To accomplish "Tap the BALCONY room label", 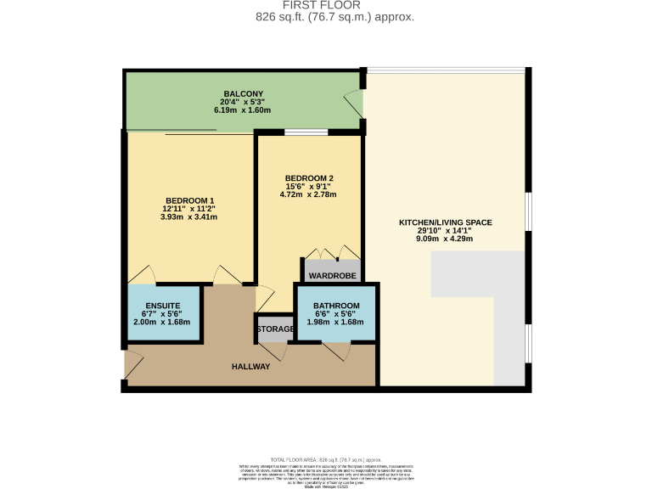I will point(244,93).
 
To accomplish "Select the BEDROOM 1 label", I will point(189,200).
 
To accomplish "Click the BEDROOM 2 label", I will point(308,177).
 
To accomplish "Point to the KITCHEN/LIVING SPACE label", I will point(446,223).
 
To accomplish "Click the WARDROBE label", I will point(332,276).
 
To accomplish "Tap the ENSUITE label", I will point(161,306).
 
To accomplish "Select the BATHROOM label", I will point(336,306).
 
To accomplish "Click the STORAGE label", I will point(276,329).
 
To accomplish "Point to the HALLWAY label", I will point(250,367).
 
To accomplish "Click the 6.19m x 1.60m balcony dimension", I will point(244,110).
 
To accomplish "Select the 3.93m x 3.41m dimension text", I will point(189,216).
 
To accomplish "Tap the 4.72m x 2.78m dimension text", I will point(308,194).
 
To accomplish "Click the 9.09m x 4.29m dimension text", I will point(446,239).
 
